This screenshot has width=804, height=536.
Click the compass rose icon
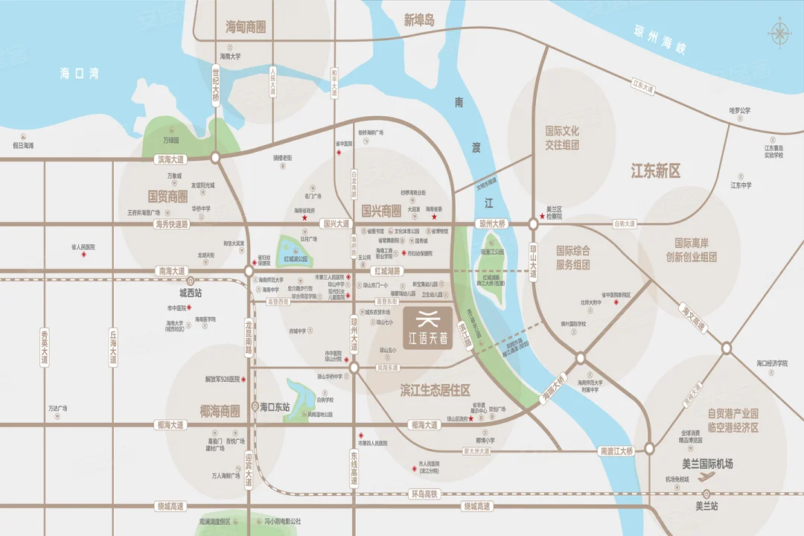coord(779,33)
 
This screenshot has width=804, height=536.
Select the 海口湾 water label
coord(79,74)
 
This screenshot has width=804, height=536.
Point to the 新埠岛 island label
coord(418,21)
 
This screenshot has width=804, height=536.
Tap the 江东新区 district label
coord(656,171)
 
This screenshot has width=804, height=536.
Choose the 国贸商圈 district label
coord(167,197)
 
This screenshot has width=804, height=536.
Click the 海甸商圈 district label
coord(246,28)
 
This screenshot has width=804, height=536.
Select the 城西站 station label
coord(190,293)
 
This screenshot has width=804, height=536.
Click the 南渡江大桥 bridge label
coord(615,451)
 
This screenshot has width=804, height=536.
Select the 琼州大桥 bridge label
coord(492,223)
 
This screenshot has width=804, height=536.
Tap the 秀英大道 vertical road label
coord(44,348)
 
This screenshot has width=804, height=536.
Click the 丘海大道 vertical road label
coord(113,348)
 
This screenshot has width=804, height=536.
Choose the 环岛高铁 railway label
coord(425,494)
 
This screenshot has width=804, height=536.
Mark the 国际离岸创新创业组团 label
coord(691,250)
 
